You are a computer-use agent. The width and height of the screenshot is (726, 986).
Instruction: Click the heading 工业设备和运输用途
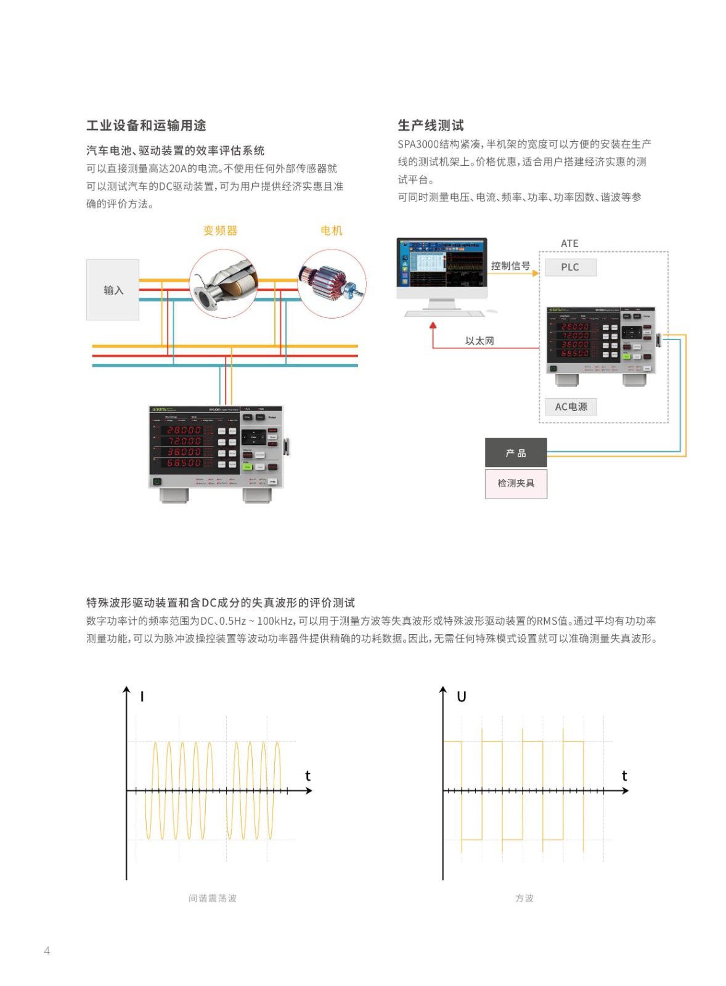[146, 126]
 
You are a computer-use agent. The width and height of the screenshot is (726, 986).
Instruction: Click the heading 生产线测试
[430, 126]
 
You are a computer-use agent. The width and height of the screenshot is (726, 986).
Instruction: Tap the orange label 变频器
[220, 230]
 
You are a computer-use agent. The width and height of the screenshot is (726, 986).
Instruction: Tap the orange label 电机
[331, 230]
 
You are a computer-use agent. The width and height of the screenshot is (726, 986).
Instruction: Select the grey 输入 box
[113, 290]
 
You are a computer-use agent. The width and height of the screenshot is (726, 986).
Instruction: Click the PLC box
[570, 267]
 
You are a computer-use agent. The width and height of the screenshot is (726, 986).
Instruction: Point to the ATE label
[569, 243]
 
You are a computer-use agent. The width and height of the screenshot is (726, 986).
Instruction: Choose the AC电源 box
[571, 407]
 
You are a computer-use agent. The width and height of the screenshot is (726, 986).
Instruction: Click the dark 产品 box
[516, 453]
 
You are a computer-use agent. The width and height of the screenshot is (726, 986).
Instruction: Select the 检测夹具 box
[516, 483]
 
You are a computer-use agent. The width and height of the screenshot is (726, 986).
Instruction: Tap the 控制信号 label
[510, 266]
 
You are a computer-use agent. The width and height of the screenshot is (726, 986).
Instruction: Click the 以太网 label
[479, 341]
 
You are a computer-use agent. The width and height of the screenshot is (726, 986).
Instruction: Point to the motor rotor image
[332, 283]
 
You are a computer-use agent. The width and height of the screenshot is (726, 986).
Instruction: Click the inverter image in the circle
[223, 283]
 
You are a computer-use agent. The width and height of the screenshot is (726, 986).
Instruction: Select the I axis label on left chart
[142, 696]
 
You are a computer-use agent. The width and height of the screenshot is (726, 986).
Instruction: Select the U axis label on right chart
[461, 696]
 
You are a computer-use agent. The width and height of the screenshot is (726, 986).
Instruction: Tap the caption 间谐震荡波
[213, 898]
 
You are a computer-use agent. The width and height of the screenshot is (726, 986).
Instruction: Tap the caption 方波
[524, 898]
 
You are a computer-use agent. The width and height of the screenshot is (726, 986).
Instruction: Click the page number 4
[47, 950]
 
